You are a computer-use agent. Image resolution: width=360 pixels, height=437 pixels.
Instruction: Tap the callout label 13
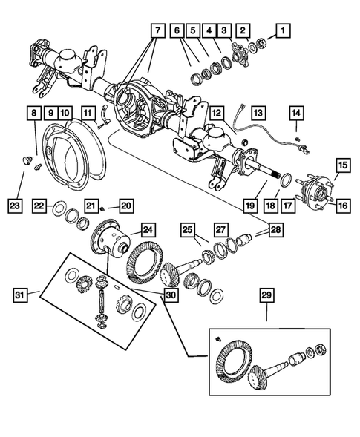(x=258, y=114)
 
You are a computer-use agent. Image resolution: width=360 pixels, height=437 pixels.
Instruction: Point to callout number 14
(x=297, y=114)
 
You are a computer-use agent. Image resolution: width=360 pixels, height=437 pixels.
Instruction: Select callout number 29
(x=266, y=297)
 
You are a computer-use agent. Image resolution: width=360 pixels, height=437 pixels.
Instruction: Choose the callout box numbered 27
(x=220, y=230)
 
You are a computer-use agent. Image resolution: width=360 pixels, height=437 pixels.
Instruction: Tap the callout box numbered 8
(x=33, y=114)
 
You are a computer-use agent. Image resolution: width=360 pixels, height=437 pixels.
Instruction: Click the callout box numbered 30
(x=172, y=292)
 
